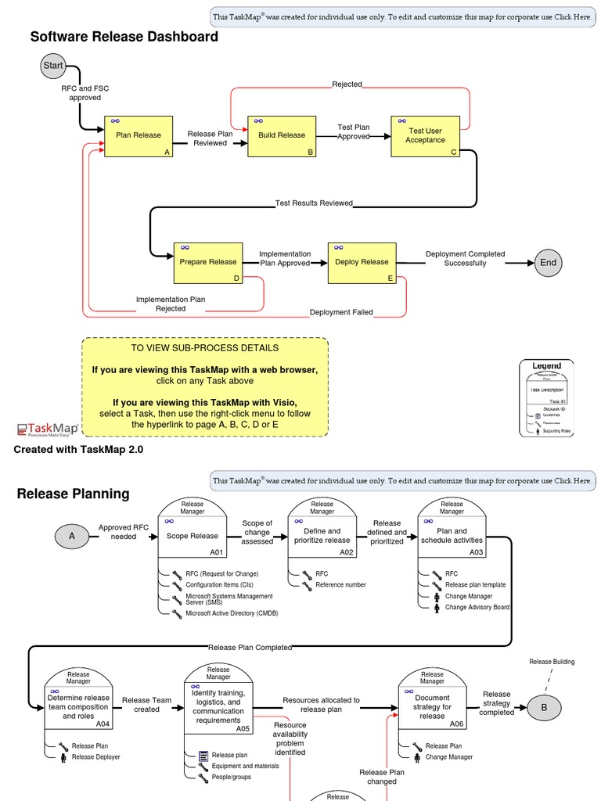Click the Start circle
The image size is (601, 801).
click(53, 66)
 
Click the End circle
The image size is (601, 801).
click(548, 263)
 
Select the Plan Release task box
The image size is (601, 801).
click(139, 136)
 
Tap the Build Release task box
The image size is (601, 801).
click(282, 136)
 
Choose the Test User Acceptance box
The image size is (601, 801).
click(425, 136)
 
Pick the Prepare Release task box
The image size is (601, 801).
click(207, 263)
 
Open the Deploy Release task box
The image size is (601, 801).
click(362, 263)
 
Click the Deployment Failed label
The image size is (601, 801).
click(341, 312)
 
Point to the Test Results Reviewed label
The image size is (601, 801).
click(314, 203)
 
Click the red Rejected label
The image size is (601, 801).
click(347, 84)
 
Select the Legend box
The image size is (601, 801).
click(546, 397)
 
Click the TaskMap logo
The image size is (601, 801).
click(48, 429)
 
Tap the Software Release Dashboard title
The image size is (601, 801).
click(124, 37)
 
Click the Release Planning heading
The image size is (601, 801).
click(73, 494)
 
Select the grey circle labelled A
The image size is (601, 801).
click(72, 536)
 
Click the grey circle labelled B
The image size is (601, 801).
click(545, 709)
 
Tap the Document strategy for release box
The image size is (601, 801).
click(432, 706)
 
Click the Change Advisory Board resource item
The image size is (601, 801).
click(477, 607)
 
